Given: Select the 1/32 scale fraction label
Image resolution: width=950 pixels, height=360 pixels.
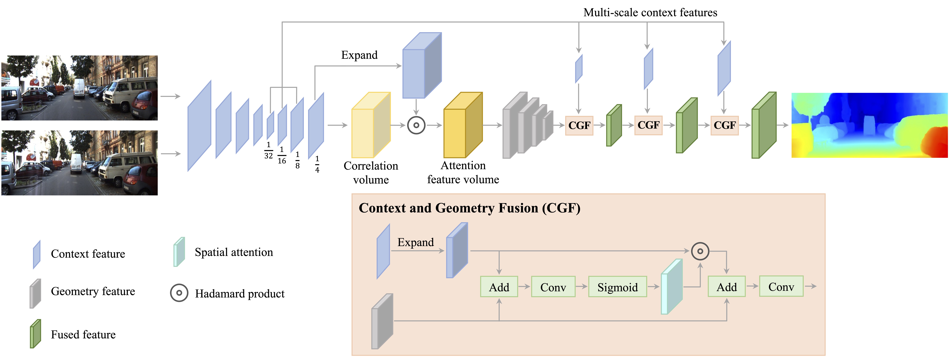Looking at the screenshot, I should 269,150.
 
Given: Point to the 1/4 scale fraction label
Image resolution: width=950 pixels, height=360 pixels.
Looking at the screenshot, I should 317,164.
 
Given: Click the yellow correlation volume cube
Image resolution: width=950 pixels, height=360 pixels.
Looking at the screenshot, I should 371,125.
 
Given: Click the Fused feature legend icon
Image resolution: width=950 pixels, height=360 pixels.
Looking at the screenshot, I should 35,334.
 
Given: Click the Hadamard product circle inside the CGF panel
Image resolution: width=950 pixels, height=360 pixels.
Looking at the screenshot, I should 700,251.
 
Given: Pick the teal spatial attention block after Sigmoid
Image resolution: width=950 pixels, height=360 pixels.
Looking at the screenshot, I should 671,287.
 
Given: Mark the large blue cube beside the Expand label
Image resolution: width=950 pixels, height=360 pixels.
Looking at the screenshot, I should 422,66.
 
